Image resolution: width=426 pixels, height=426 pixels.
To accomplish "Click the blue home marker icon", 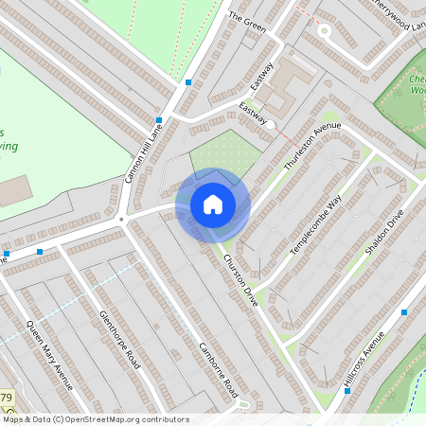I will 213,204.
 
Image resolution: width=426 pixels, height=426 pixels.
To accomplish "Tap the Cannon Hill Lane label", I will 145,151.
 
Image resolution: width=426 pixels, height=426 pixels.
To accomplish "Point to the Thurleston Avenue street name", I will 311,146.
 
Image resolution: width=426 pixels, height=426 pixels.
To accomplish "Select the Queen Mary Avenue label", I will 49,356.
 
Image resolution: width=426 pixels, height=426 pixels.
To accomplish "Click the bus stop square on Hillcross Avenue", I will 404,312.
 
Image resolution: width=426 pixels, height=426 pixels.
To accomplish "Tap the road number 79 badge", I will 6,397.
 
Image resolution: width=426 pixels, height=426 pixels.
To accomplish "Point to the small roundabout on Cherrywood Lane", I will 323,30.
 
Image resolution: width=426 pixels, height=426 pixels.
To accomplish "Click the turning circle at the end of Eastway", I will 270,124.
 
